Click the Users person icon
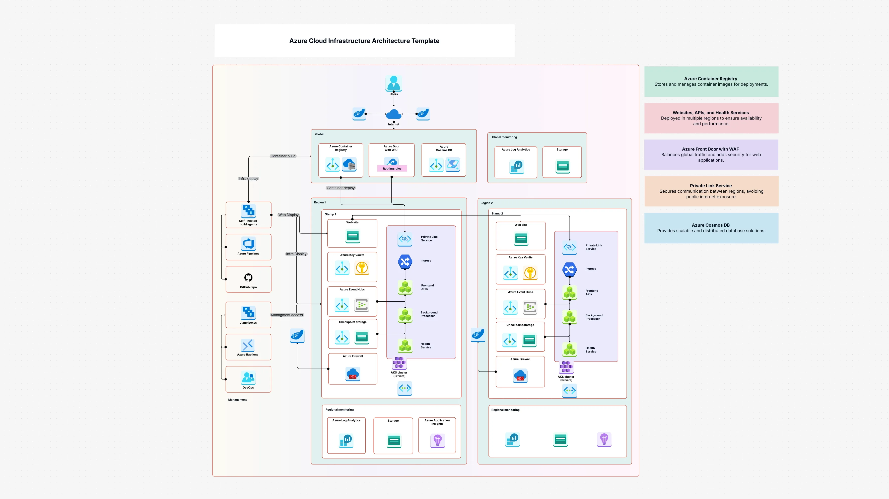393,83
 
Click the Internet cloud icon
393,114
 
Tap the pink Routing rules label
392,169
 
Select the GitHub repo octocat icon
248,277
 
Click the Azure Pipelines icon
248,244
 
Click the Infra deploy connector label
248,179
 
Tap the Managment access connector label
287,315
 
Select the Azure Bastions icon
248,345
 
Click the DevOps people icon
248,378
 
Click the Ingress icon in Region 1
405,262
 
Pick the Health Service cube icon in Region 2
569,349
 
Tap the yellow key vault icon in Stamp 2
530,273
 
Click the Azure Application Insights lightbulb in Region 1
437,440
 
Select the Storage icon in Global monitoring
563,166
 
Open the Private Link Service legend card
711,191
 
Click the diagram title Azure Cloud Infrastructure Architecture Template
364,41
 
